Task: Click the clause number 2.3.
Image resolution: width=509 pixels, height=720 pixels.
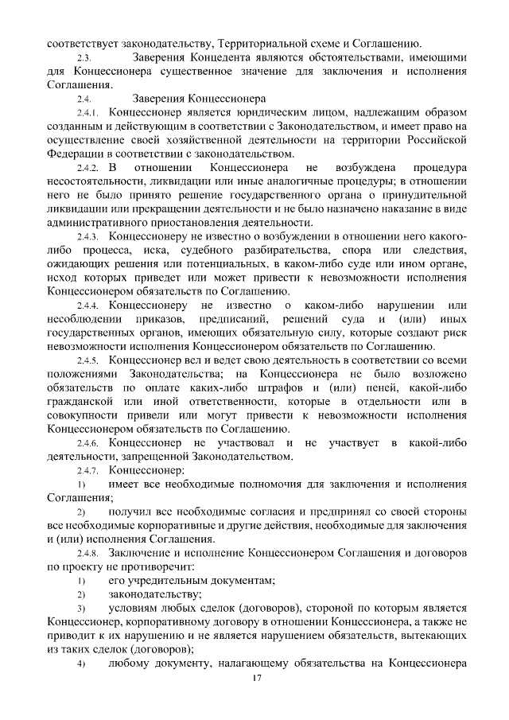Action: click(84, 60)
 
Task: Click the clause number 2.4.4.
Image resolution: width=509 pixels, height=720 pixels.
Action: click(86, 306)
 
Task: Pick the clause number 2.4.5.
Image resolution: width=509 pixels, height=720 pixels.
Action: click(86, 360)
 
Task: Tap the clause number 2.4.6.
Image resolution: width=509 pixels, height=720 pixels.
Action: click(86, 442)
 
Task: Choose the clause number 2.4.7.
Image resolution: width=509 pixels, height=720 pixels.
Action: click(86, 470)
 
